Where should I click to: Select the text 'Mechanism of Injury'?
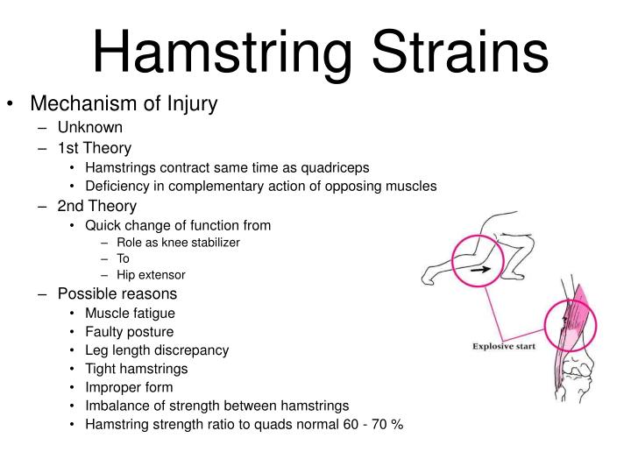pos(124,104)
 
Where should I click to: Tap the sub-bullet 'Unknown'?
pos(90,128)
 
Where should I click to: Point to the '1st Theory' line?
pos(95,148)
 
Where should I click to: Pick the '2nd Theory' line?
pos(97,206)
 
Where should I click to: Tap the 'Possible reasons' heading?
pos(117,293)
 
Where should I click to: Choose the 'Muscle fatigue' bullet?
pos(130,313)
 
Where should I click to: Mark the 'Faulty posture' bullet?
pos(129,332)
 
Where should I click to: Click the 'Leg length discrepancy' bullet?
pos(157,350)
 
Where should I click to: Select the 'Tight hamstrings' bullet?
pos(136,369)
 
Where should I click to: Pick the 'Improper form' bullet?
pos(129,387)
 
